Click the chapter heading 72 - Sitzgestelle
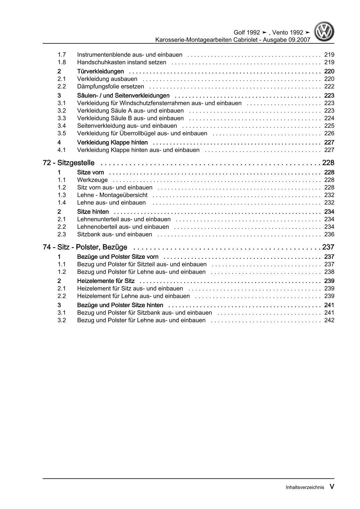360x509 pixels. (69, 163)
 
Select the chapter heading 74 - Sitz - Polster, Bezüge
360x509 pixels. (85, 247)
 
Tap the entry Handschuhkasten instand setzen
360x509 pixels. (122, 62)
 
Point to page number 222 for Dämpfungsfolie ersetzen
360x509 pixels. (329, 86)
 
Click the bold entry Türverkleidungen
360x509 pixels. (100, 71)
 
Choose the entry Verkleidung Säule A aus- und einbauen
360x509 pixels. (130, 111)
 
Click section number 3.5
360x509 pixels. (62, 133)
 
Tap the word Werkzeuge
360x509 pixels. (92, 180)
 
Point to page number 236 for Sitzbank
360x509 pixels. (329, 234)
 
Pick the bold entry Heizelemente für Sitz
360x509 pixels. (106, 281)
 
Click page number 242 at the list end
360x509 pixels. (329, 320)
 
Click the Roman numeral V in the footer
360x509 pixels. (332, 487)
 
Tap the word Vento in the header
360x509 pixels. (280, 33)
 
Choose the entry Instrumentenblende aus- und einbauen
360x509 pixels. (130, 55)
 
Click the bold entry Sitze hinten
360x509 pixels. (93, 212)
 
